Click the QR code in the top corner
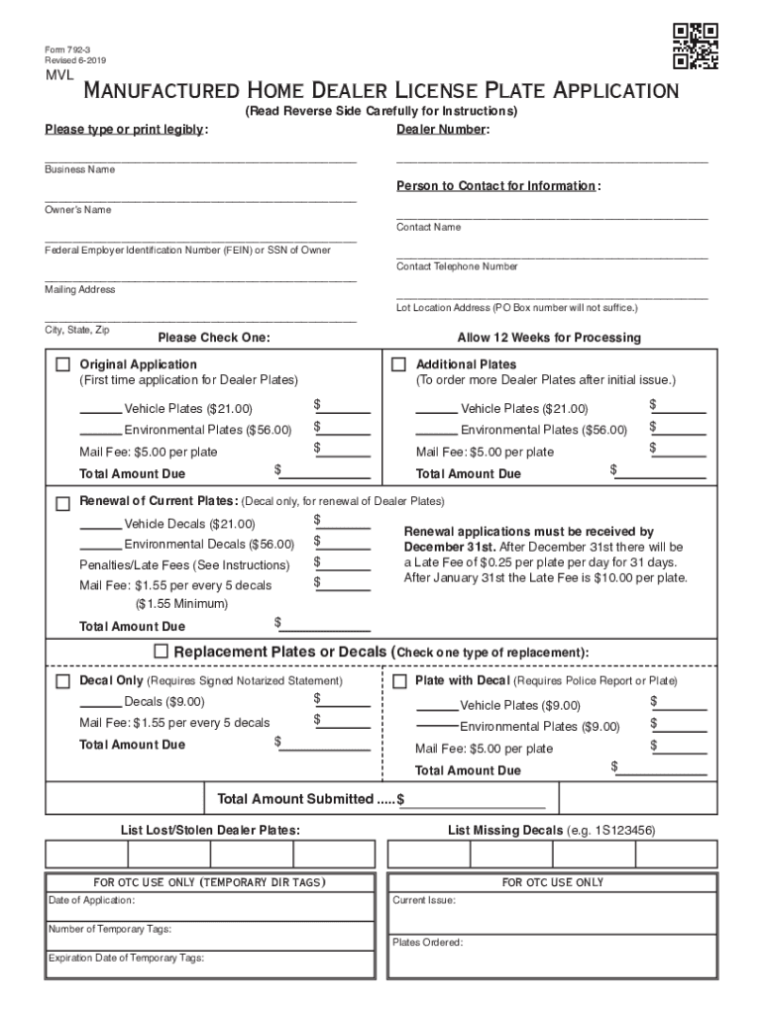[x=695, y=47]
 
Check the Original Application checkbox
[x=63, y=364]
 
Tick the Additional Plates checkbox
[x=399, y=364]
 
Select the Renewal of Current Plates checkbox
[x=63, y=501]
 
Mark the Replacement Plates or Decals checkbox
[x=162, y=652]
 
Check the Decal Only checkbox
[x=63, y=681]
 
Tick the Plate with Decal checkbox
[x=399, y=681]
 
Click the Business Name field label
[x=79, y=170]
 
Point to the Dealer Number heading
[x=442, y=130]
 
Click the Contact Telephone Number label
[x=457, y=266]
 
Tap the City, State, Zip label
[x=76, y=329]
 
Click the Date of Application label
[x=92, y=900]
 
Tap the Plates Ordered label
[x=427, y=943]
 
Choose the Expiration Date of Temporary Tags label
[x=126, y=958]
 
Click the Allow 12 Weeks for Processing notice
[x=549, y=338]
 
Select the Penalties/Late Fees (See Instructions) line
[x=184, y=565]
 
